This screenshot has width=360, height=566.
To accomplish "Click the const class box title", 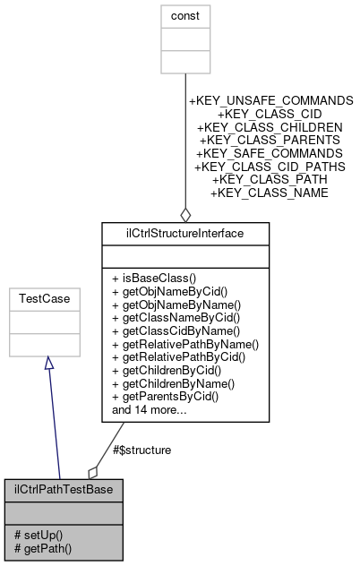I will pyautogui.click(x=184, y=15).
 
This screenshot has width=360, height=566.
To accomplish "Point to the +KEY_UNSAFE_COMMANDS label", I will pyautogui.click(x=270, y=100).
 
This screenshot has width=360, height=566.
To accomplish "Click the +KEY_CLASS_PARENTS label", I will pyautogui.click(x=270, y=141).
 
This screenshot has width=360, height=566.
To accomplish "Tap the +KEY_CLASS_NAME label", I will pyautogui.click(x=269, y=193).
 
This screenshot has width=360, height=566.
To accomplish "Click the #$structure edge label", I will pyautogui.click(x=137, y=449).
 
